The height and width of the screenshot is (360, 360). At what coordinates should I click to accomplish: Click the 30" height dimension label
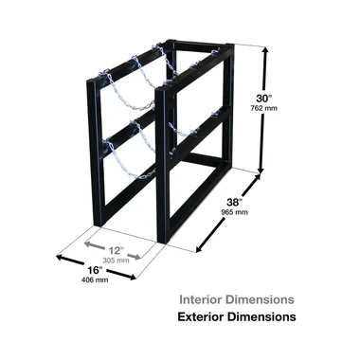click(263, 99)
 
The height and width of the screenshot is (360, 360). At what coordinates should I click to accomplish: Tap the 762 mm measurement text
click(264, 108)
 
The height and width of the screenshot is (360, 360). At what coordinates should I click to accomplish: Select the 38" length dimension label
click(234, 202)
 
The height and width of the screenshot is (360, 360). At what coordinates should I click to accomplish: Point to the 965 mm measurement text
click(234, 212)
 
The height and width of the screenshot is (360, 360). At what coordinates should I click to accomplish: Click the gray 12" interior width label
click(116, 251)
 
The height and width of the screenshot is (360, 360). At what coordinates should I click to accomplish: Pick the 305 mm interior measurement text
click(116, 261)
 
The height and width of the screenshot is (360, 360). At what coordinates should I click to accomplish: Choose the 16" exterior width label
click(95, 270)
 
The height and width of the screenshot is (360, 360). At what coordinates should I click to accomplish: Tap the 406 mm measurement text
click(95, 280)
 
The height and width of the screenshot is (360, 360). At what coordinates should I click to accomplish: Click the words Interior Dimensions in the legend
click(237, 299)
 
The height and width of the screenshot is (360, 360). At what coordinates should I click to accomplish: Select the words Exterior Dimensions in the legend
click(237, 316)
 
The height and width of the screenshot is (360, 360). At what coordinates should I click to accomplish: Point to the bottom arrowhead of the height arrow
click(261, 170)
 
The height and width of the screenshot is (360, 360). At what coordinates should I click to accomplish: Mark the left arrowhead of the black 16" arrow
click(60, 258)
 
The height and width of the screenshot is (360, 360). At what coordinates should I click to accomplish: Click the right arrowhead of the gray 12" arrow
click(137, 257)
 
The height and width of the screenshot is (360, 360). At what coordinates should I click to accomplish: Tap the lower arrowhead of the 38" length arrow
click(200, 249)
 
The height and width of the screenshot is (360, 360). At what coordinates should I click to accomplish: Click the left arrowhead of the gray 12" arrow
click(89, 244)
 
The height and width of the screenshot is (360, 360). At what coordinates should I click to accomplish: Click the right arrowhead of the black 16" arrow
click(132, 277)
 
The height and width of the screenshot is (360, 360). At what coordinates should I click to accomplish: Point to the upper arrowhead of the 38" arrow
click(259, 177)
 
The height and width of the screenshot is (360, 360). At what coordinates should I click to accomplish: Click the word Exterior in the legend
click(201, 316)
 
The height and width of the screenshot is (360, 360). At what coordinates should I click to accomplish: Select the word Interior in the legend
click(201, 299)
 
